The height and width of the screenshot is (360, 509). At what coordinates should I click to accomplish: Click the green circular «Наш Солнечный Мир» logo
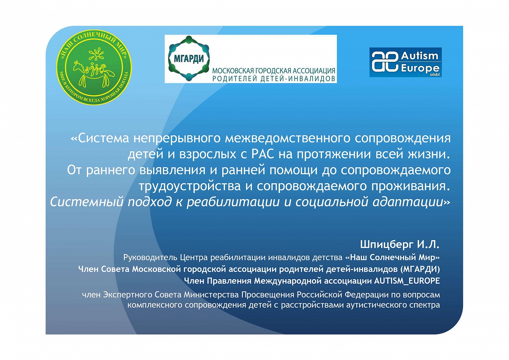coord(94,67)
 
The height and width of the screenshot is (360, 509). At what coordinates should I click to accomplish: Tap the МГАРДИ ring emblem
coord(189,58)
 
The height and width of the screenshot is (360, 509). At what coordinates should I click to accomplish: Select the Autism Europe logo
coord(406,62)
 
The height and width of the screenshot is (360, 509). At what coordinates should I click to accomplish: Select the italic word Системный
coord(87,202)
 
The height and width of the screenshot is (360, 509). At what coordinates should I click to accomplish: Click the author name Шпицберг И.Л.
coord(399,244)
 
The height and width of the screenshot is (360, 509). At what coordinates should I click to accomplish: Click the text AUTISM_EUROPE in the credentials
coord(407,281)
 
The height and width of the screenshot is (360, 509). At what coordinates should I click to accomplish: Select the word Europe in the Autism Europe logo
coord(420,68)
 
